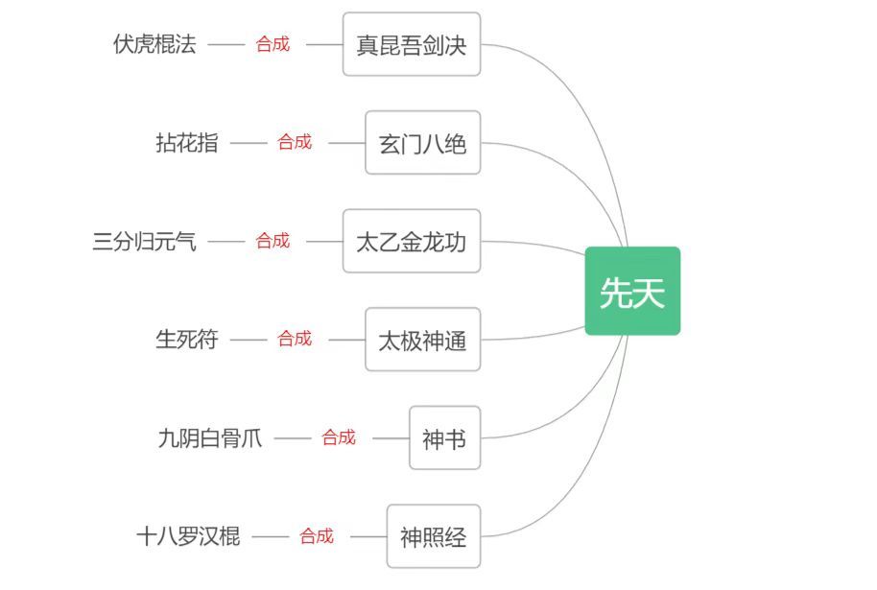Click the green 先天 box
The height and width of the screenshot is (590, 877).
(632, 291)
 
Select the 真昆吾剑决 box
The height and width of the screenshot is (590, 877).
(411, 44)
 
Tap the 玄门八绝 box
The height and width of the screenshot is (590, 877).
(422, 143)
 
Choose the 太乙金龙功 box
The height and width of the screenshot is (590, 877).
(411, 241)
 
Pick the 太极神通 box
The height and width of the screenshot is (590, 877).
(422, 340)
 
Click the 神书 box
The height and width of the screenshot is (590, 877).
(444, 438)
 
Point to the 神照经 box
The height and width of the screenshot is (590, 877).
(433, 536)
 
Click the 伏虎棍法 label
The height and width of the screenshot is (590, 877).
(154, 44)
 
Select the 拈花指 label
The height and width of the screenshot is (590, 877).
(187, 143)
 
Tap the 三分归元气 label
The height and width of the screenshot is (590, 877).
(144, 241)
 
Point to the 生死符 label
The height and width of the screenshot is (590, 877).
(187, 340)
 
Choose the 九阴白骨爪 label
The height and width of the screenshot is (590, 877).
(209, 438)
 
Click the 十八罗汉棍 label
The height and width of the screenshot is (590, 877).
(188, 536)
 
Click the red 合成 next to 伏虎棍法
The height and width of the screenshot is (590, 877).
(273, 44)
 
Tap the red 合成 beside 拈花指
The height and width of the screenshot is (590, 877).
(295, 142)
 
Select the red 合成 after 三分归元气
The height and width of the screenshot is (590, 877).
(273, 241)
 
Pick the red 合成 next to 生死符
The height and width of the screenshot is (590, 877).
(295, 339)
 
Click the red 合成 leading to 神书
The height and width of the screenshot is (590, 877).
(339, 437)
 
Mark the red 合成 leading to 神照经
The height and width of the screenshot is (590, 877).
(317, 536)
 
